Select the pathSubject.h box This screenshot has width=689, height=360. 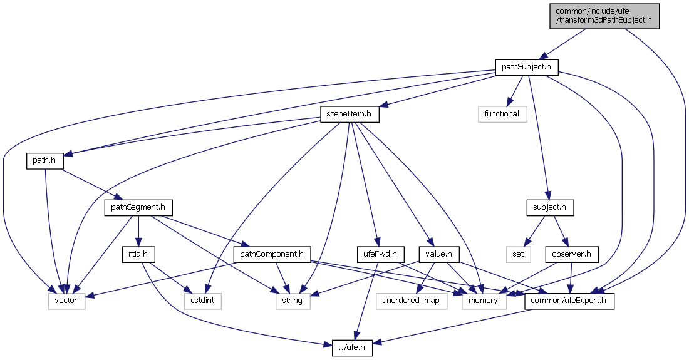[x=526, y=66]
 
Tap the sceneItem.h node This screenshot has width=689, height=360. [x=350, y=113]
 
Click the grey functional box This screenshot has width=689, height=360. [x=502, y=113]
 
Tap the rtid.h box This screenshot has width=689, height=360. [x=138, y=254]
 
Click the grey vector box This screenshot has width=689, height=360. [x=66, y=301]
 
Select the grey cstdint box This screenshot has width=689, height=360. [x=202, y=301]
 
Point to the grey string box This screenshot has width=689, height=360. [x=292, y=301]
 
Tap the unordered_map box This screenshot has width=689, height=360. [x=412, y=301]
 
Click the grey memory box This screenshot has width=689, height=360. [x=480, y=301]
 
